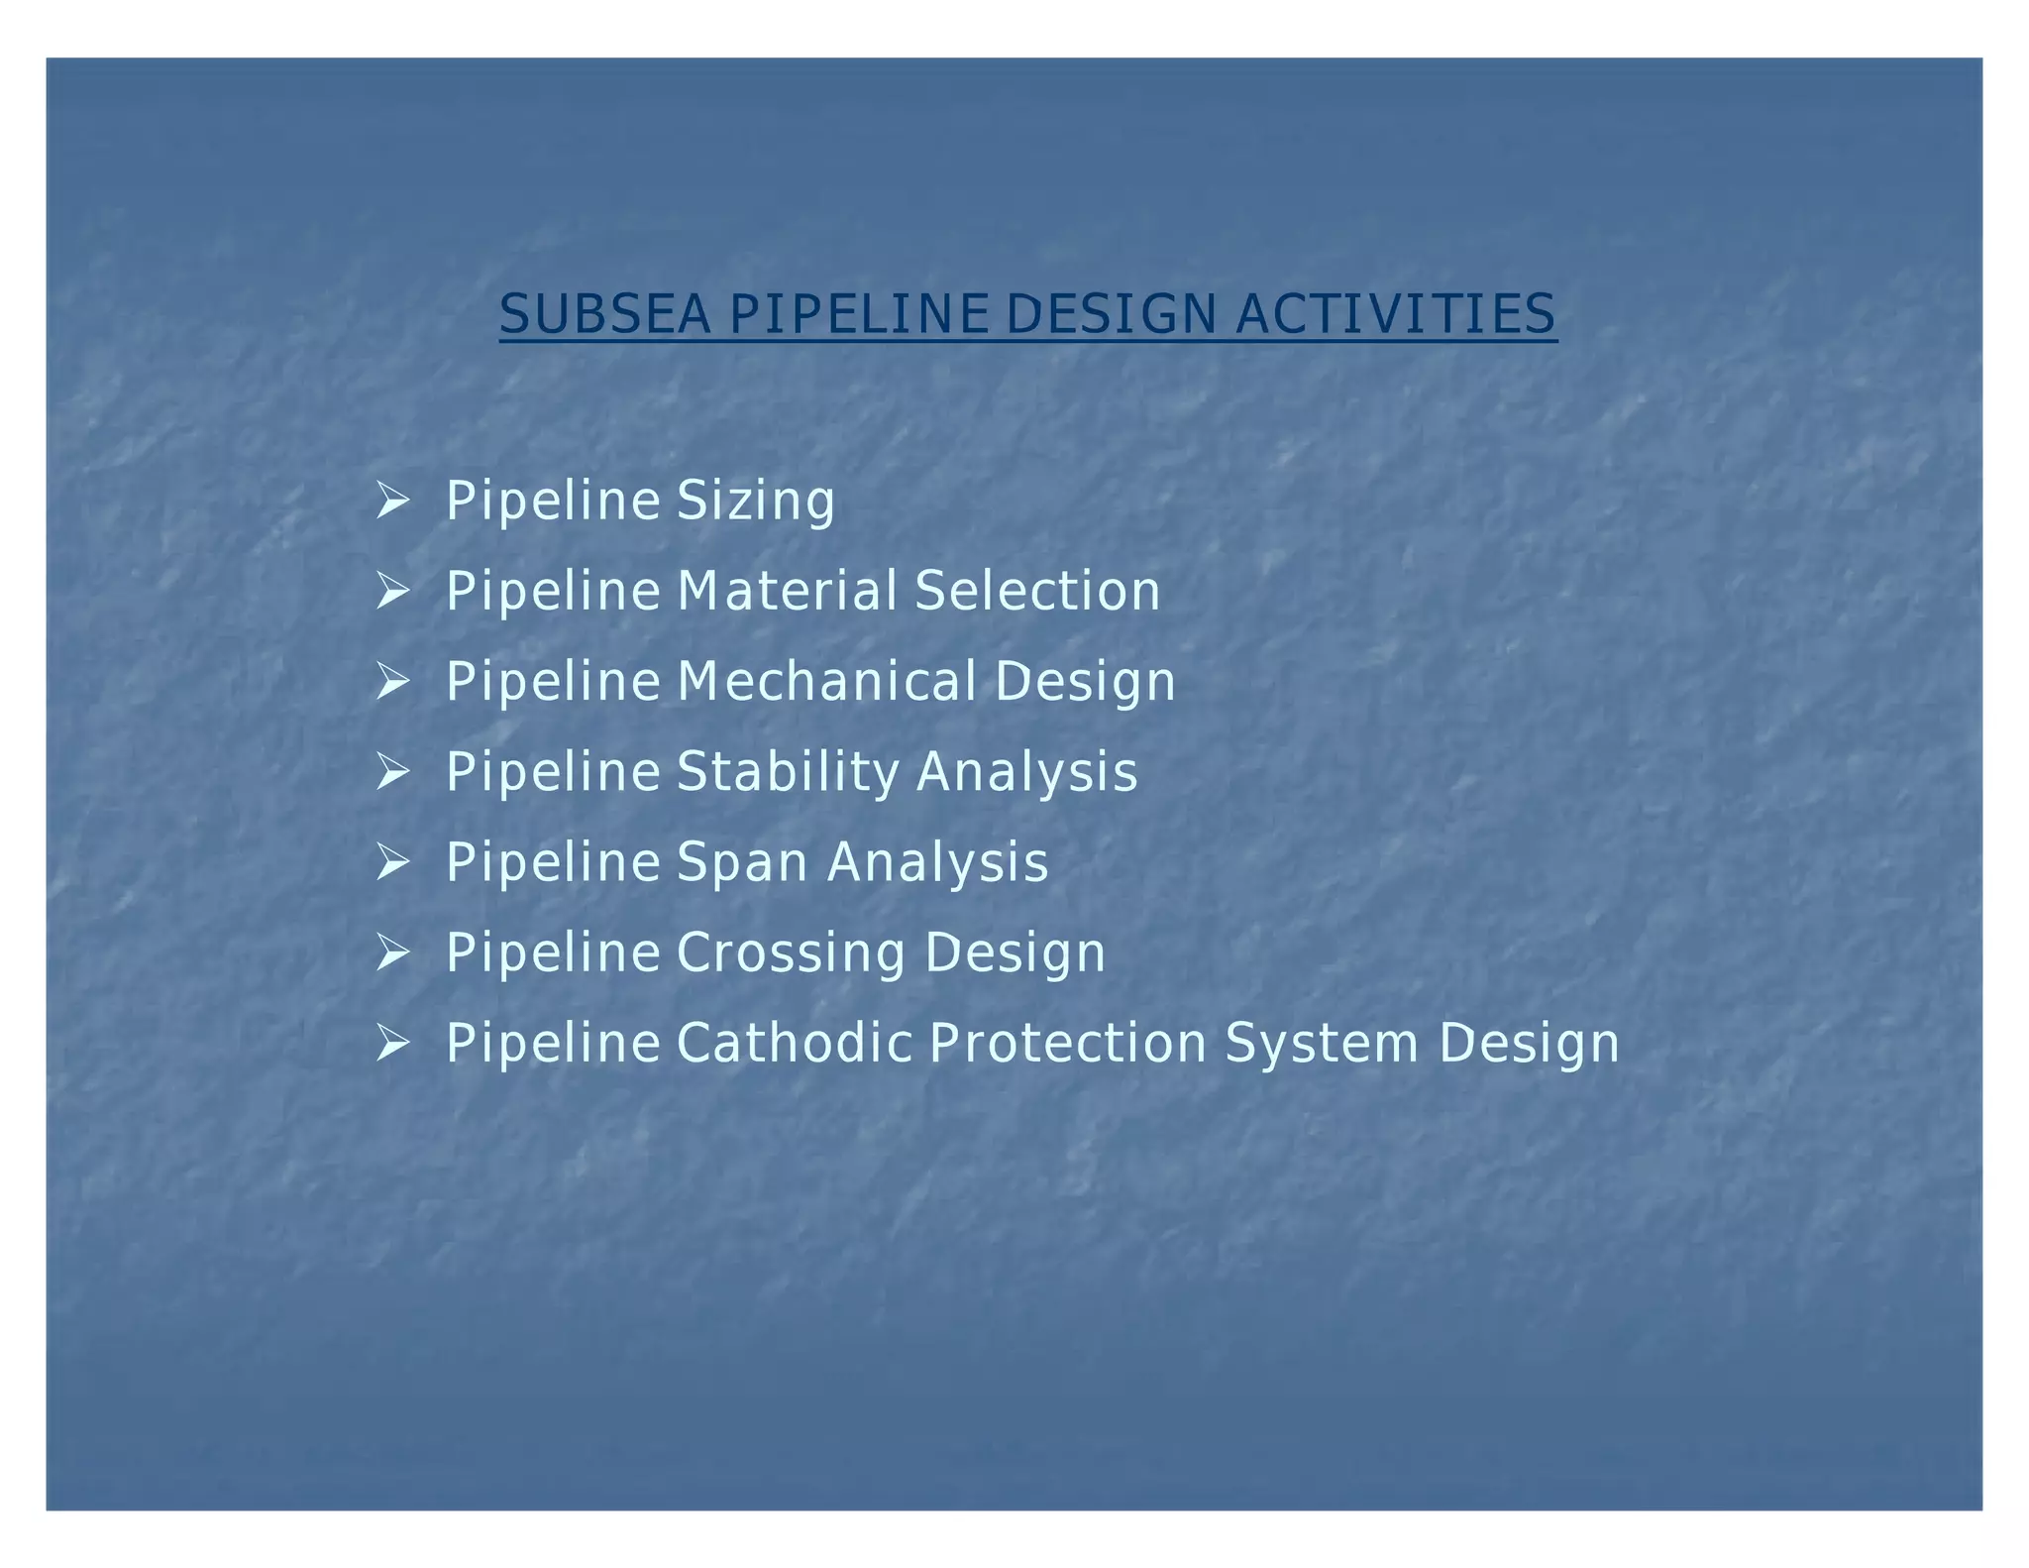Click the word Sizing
tap(756, 501)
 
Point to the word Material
tap(787, 591)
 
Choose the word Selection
tap(1037, 591)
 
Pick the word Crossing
tap(792, 952)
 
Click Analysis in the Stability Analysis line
tap(1027, 772)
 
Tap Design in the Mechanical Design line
tap(1085, 682)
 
